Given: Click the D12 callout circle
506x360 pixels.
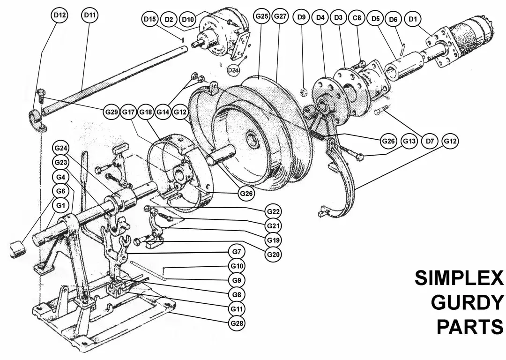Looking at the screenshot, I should click(x=60, y=15).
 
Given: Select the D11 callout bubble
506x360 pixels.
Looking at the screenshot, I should click(x=90, y=15).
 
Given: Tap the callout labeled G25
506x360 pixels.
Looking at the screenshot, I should click(x=262, y=16).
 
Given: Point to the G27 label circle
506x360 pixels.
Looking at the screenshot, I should click(x=280, y=16).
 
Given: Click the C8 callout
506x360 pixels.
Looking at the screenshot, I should click(x=357, y=18).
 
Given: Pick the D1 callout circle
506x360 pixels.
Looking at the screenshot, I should click(x=412, y=19).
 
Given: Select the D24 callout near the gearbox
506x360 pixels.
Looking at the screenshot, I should click(x=233, y=70).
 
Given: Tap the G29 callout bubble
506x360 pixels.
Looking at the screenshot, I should click(x=112, y=112).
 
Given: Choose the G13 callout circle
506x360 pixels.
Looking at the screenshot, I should click(x=409, y=141).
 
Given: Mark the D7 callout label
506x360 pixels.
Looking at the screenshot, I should click(x=430, y=141).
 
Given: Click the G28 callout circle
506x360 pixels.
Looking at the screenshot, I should click(x=238, y=323).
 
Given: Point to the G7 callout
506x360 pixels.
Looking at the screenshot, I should click(x=238, y=252).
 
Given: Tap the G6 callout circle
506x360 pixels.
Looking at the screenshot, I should click(x=60, y=191).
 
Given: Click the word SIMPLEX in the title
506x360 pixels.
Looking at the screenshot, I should click(x=459, y=278).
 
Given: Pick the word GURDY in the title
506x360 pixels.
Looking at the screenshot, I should click(x=467, y=303).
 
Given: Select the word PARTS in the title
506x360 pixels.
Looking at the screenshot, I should click(x=470, y=327).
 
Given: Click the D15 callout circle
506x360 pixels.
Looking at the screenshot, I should click(x=150, y=19).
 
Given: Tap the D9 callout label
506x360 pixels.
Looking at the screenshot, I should click(x=302, y=18).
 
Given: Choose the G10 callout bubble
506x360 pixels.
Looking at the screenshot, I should click(x=238, y=266).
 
